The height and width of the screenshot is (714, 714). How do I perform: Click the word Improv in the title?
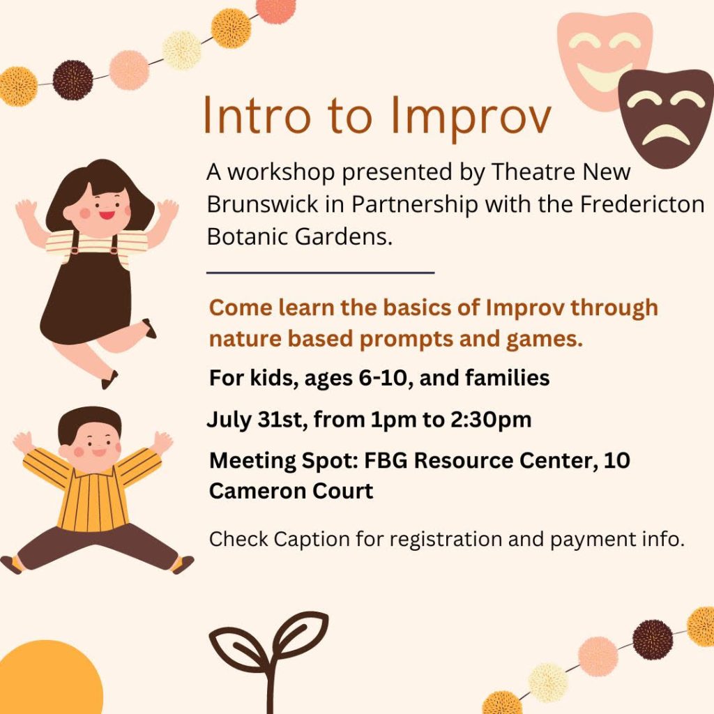[471, 116]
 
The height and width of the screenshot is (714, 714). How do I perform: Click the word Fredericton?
[642, 204]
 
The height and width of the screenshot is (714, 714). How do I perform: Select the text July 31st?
[255, 419]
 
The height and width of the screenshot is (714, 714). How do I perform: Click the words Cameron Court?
[291, 491]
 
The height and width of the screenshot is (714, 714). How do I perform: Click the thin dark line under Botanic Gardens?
[321, 273]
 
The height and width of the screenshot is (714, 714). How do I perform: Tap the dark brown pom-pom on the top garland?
[73, 80]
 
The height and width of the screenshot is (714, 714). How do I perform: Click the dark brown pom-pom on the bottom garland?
[653, 639]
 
